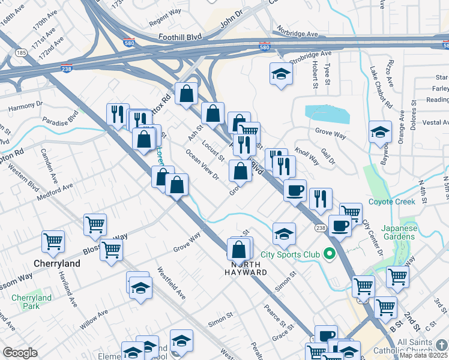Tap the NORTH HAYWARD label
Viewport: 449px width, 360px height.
[250, 268]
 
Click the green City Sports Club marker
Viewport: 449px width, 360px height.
[328, 254]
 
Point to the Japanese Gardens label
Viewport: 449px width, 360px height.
[391, 232]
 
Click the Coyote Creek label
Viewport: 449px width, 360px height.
[391, 202]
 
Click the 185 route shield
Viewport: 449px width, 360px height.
[22, 53]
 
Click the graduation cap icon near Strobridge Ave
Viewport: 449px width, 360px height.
[280, 74]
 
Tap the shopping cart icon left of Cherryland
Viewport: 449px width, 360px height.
[53, 241]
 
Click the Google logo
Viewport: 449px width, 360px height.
[20, 353]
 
